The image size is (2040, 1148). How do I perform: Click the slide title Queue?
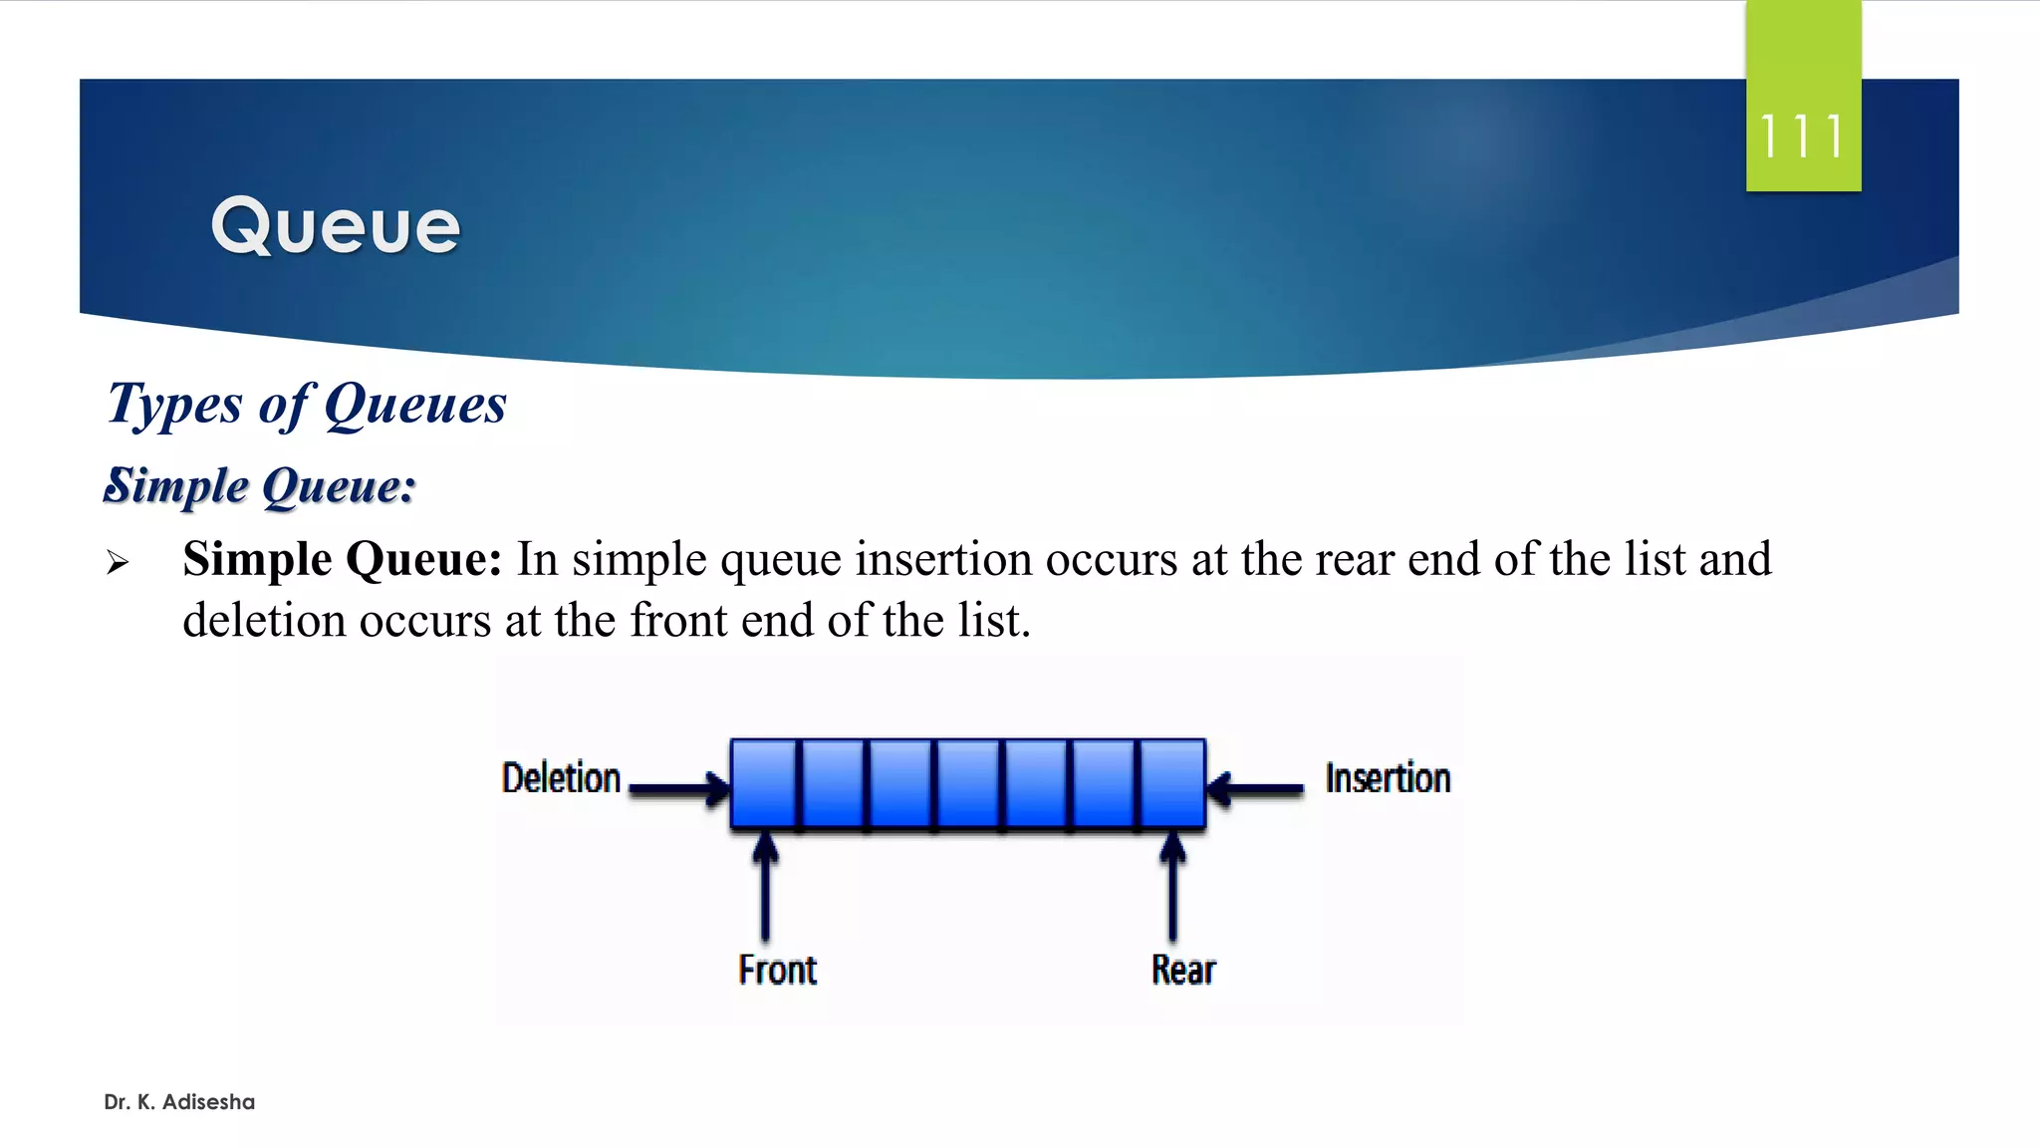pos(336,226)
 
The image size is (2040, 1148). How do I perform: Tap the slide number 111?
pos(1802,137)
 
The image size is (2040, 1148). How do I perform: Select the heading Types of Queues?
pos(307,405)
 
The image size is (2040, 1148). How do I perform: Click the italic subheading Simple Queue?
pos(260,486)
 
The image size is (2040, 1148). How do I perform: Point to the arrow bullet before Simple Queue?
pos(118,563)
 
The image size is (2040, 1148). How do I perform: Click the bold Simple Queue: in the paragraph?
pos(342,559)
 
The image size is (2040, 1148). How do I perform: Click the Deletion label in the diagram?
pos(561,778)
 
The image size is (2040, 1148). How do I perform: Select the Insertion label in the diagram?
pos(1388,778)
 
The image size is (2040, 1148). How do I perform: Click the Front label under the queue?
pos(777,970)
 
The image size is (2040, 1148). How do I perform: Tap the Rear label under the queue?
pos(1183,970)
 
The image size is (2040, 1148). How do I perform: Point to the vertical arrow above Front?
pos(765,887)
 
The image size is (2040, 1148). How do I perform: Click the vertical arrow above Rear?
pos(1173,887)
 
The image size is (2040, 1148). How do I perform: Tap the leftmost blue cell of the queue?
pos(764,783)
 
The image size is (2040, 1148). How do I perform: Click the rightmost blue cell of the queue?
pos(1172,783)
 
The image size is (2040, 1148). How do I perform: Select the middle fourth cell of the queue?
pos(968,783)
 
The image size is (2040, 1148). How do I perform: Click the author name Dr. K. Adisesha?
pos(179,1102)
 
